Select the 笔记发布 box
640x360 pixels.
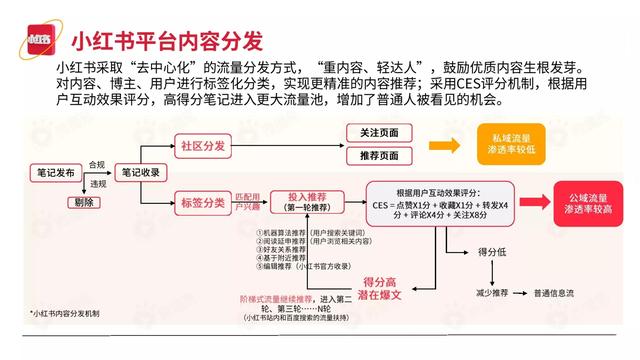53,172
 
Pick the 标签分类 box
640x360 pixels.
200,201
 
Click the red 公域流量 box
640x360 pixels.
575,202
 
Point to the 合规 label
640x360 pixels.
97,164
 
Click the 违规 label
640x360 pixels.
97,184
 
